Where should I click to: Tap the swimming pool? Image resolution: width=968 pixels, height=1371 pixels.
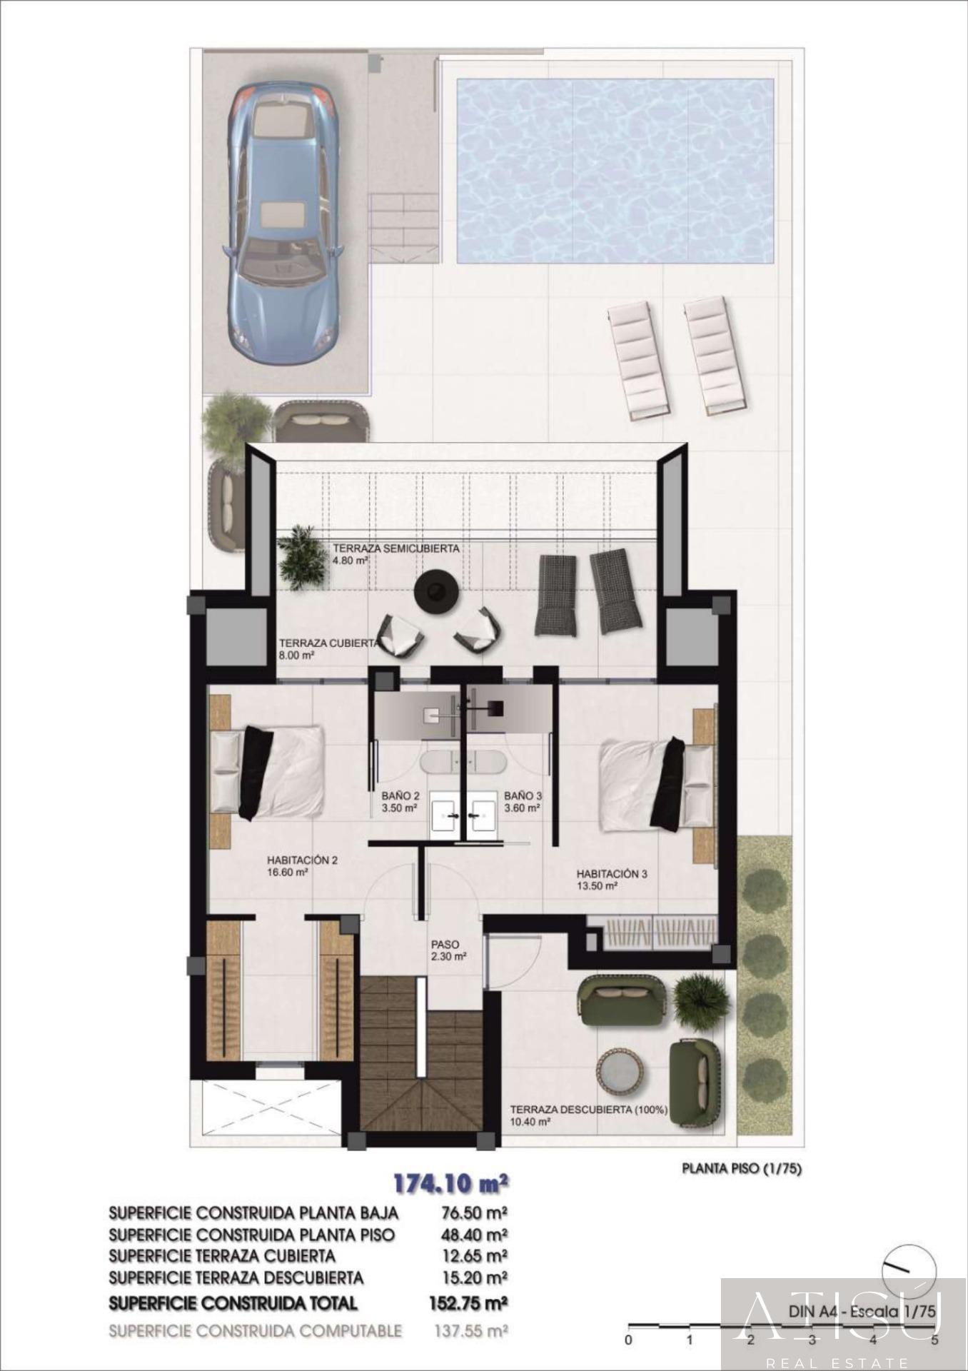pyautogui.click(x=615, y=170)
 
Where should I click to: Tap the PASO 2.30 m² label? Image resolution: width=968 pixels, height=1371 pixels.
pyautogui.click(x=448, y=950)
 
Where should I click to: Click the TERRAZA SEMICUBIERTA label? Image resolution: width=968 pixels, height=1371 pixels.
pyautogui.click(x=395, y=549)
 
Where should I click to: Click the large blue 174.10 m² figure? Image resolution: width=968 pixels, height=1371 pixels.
pyautogui.click(x=451, y=1183)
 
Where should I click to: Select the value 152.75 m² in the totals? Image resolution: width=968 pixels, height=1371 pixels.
pyautogui.click(x=468, y=1303)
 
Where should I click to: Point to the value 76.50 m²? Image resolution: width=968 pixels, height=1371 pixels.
pyautogui.click(x=471, y=1212)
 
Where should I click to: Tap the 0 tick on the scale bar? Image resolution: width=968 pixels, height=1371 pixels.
pyautogui.click(x=628, y=1340)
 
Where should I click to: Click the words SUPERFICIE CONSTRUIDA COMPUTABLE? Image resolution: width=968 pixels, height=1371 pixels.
pyautogui.click(x=256, y=1331)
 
